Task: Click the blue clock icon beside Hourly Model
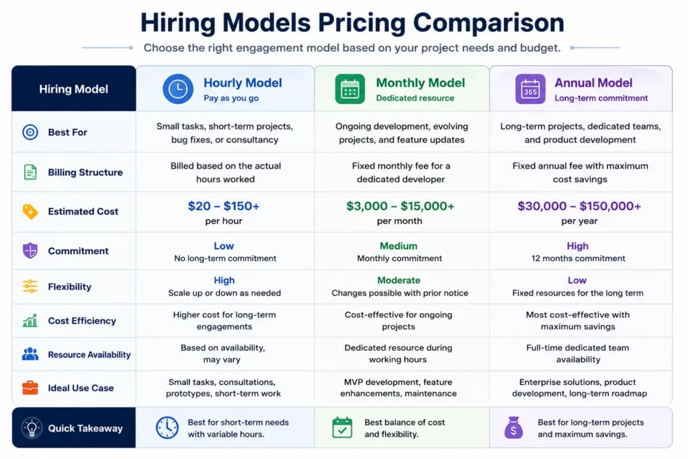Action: coord(177,89)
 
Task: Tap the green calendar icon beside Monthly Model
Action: coord(349,89)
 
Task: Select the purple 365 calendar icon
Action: coord(530,89)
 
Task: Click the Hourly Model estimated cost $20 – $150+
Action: coord(224,206)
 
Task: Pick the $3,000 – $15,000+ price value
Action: coord(400,206)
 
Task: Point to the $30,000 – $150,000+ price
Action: coord(579,206)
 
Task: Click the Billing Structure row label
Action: coord(85,173)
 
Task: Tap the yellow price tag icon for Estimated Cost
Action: coord(30,212)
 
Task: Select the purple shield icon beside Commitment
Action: coord(30,251)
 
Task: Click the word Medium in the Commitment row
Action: coord(398,246)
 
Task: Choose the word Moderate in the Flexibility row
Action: coord(399,280)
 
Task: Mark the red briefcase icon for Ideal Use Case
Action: coord(30,388)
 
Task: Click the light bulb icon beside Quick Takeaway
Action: coord(32,428)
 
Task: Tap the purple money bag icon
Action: coord(513,427)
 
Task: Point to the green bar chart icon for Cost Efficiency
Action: coord(30,321)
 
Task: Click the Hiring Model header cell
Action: coord(74,89)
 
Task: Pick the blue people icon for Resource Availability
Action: coord(30,353)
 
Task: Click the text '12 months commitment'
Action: coord(578,259)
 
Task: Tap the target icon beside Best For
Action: coord(30,132)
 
